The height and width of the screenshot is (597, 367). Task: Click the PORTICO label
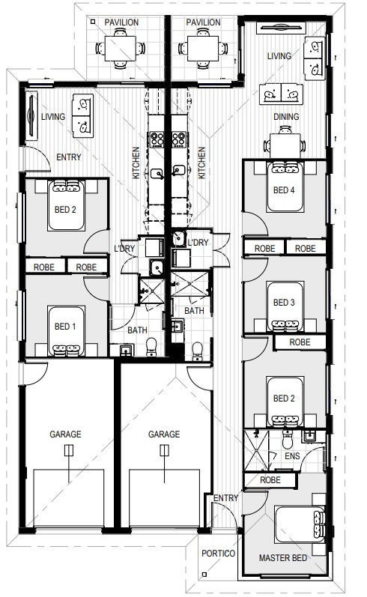(218, 554)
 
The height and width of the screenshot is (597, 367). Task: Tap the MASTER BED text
(282, 558)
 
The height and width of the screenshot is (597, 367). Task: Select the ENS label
(293, 455)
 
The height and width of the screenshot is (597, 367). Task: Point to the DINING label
(286, 117)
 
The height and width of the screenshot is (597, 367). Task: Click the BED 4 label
(282, 190)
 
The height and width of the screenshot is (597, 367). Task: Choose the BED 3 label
(283, 303)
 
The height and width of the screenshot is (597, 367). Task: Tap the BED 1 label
(65, 326)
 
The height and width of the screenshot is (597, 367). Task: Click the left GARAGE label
(67, 434)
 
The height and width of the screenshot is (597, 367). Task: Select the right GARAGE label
(163, 434)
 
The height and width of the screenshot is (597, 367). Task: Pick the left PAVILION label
(121, 22)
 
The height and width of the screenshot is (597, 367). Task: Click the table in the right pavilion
(198, 49)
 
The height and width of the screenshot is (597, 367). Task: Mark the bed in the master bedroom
(300, 529)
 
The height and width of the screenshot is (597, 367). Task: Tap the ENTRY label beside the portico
(226, 499)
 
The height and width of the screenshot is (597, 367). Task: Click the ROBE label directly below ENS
(270, 480)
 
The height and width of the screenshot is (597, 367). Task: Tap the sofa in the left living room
(81, 115)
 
